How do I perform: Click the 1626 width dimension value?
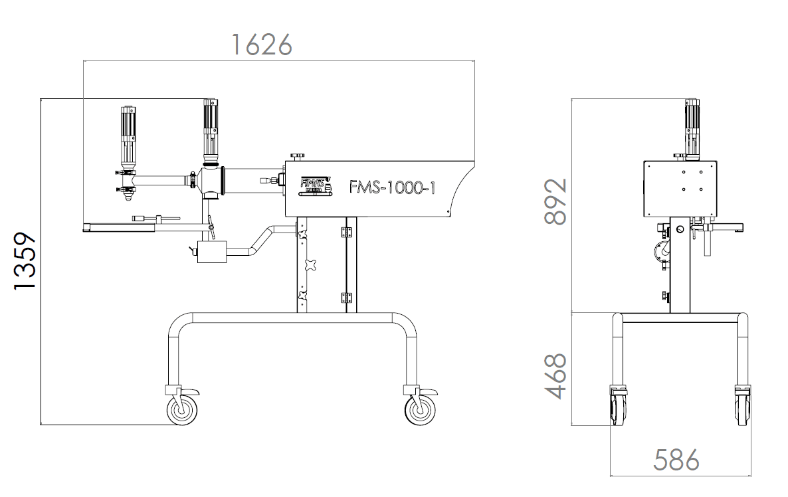[262, 45]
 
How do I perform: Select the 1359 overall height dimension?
[25, 260]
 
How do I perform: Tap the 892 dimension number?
[555, 201]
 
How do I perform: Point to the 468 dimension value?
[555, 375]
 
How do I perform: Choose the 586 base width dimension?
[676, 460]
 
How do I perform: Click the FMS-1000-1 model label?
[392, 188]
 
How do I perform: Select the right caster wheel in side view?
[420, 409]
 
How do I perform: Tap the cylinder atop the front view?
[692, 126]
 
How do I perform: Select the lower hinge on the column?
[345, 297]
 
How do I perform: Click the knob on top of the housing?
[296, 156]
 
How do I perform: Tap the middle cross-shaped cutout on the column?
[308, 264]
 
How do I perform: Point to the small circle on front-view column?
[679, 230]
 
